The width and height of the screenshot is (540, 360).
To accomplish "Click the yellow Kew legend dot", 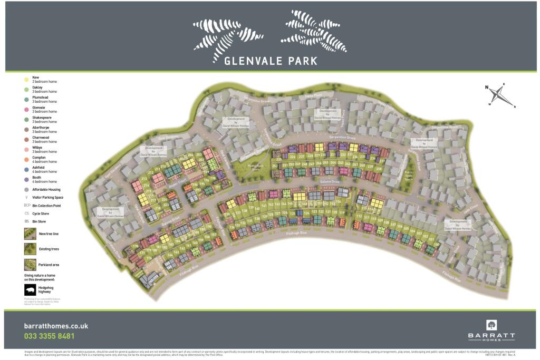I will pos(26,80).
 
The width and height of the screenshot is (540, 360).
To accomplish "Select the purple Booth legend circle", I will pos(26,179).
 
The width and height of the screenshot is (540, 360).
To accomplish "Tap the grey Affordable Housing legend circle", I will pos(26,189).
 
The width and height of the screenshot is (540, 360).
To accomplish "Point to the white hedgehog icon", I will pos(31,290).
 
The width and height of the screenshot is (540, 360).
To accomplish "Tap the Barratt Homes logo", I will pos(491,330).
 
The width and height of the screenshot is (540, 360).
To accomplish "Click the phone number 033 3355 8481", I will pos(49,336).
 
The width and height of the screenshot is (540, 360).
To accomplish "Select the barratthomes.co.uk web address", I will pos(56,326).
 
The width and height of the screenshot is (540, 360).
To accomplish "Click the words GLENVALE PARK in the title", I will pos(271,61).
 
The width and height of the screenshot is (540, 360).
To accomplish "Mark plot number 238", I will pos(378,169).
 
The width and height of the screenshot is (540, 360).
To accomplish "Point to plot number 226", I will pos(292,157).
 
